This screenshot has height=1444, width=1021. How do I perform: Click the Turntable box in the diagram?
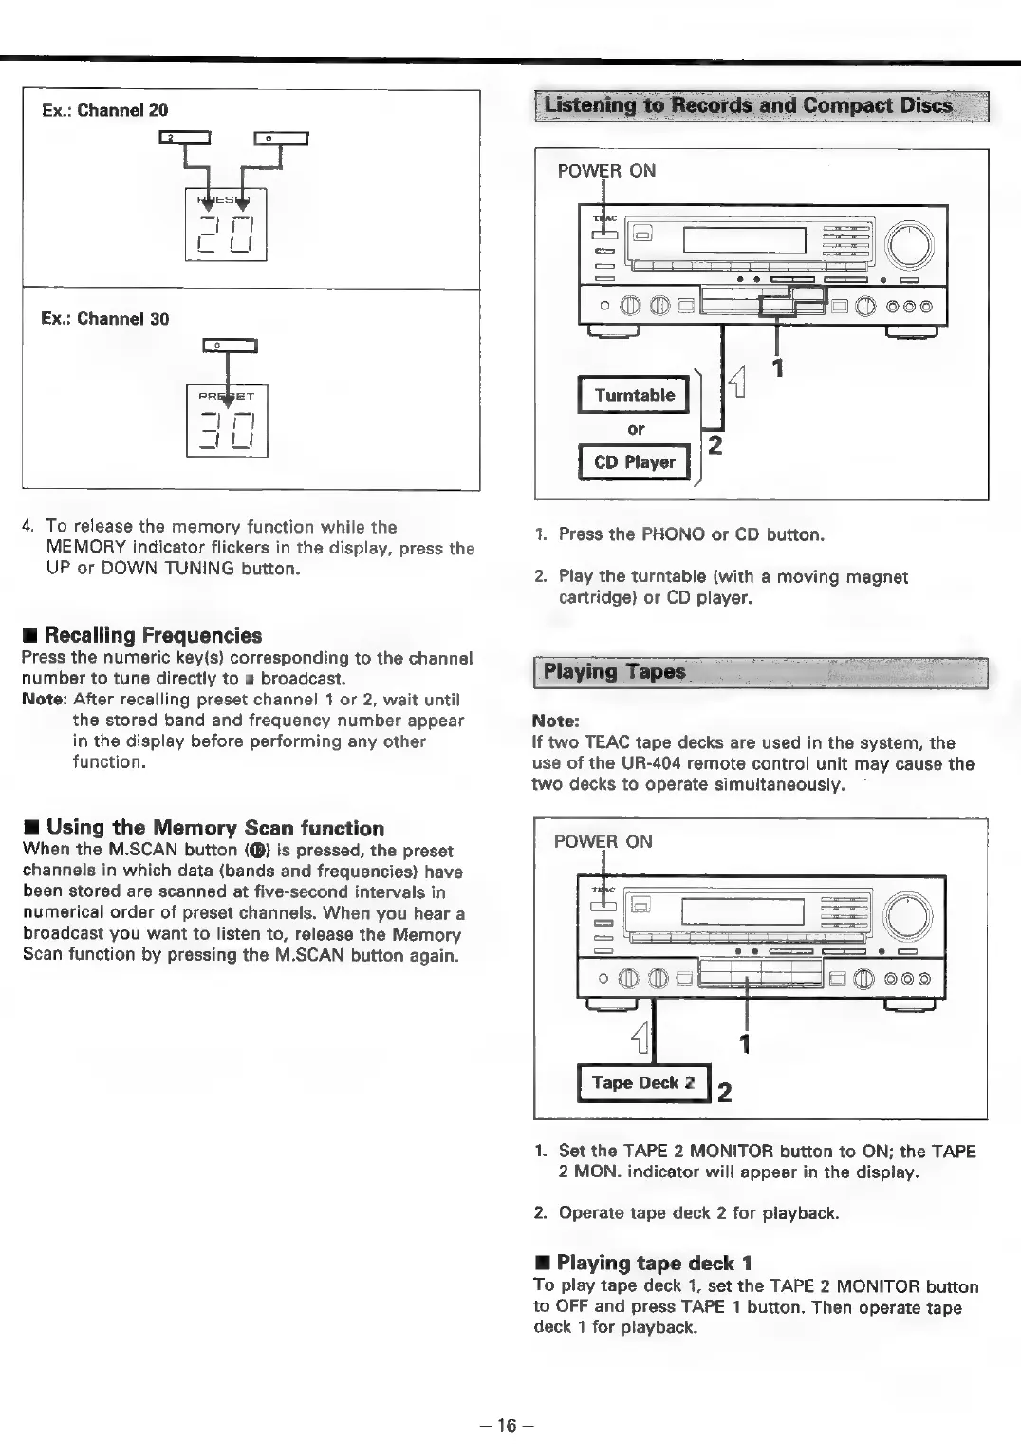point(634,395)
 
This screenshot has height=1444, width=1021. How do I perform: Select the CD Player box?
point(634,462)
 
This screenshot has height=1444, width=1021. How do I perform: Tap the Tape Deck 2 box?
point(643,1083)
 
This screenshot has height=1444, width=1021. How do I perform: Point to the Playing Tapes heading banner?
point(761,672)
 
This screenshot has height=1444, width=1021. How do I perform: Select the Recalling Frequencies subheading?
point(152,635)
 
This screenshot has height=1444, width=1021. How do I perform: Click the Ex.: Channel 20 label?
point(104,110)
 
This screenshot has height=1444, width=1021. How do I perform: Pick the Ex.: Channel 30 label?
point(104,319)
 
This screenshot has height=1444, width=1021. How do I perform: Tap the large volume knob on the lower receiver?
point(908,917)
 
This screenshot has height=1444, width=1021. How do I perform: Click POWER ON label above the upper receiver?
point(606,171)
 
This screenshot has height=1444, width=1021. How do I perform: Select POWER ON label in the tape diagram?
point(603,841)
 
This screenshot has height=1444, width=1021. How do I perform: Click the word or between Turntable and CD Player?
point(636,429)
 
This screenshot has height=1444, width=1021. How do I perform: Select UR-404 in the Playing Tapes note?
point(647,764)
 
